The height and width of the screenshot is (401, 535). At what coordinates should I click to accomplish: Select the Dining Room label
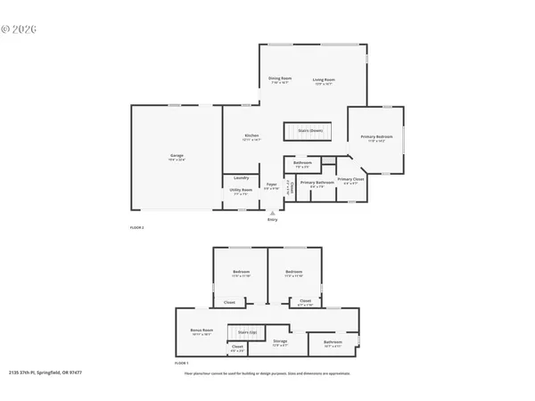tap(280, 78)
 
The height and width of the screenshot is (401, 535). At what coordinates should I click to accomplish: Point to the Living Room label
tap(323, 78)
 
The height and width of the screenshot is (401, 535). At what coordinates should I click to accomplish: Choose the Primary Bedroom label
tap(376, 136)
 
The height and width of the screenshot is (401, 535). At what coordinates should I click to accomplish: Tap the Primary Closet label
tap(350, 179)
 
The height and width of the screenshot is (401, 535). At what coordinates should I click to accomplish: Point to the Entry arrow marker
tap(272, 214)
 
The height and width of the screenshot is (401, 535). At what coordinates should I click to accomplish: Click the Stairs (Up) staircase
tap(247, 332)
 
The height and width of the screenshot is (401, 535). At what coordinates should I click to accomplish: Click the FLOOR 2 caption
tap(137, 229)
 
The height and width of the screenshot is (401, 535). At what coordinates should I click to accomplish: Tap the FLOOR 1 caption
tap(181, 364)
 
